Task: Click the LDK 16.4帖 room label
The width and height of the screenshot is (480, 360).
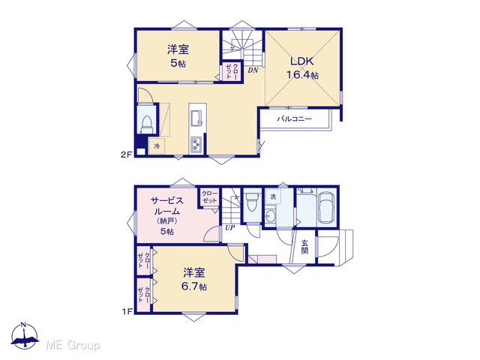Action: (x=301, y=67)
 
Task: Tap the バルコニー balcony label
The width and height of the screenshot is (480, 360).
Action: (x=294, y=118)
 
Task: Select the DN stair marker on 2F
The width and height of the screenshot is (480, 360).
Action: (x=253, y=70)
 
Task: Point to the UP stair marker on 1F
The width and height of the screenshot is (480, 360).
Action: (x=230, y=228)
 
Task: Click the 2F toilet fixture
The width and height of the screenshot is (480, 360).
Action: (x=146, y=124)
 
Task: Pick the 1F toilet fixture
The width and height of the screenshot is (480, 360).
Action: (x=252, y=202)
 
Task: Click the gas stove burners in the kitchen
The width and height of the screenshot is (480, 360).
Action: (x=196, y=144)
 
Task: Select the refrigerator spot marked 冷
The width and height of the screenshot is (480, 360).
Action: (x=157, y=146)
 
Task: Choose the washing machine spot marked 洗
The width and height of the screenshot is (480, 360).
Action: (x=273, y=196)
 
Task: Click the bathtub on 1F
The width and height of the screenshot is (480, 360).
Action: (x=325, y=208)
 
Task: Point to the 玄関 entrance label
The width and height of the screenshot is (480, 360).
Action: (x=304, y=247)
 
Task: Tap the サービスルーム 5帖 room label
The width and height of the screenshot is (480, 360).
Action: (x=166, y=215)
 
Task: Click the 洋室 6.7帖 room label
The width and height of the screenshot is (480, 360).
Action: (x=194, y=279)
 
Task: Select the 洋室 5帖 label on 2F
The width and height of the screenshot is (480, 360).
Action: (x=178, y=56)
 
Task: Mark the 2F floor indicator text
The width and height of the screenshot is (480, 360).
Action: (x=126, y=154)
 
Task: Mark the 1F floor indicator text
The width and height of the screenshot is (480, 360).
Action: (x=127, y=312)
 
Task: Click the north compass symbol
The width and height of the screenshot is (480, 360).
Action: (x=25, y=335)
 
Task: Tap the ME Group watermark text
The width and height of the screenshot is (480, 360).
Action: (x=73, y=345)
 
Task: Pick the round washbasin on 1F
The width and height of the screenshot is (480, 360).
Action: (x=270, y=217)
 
